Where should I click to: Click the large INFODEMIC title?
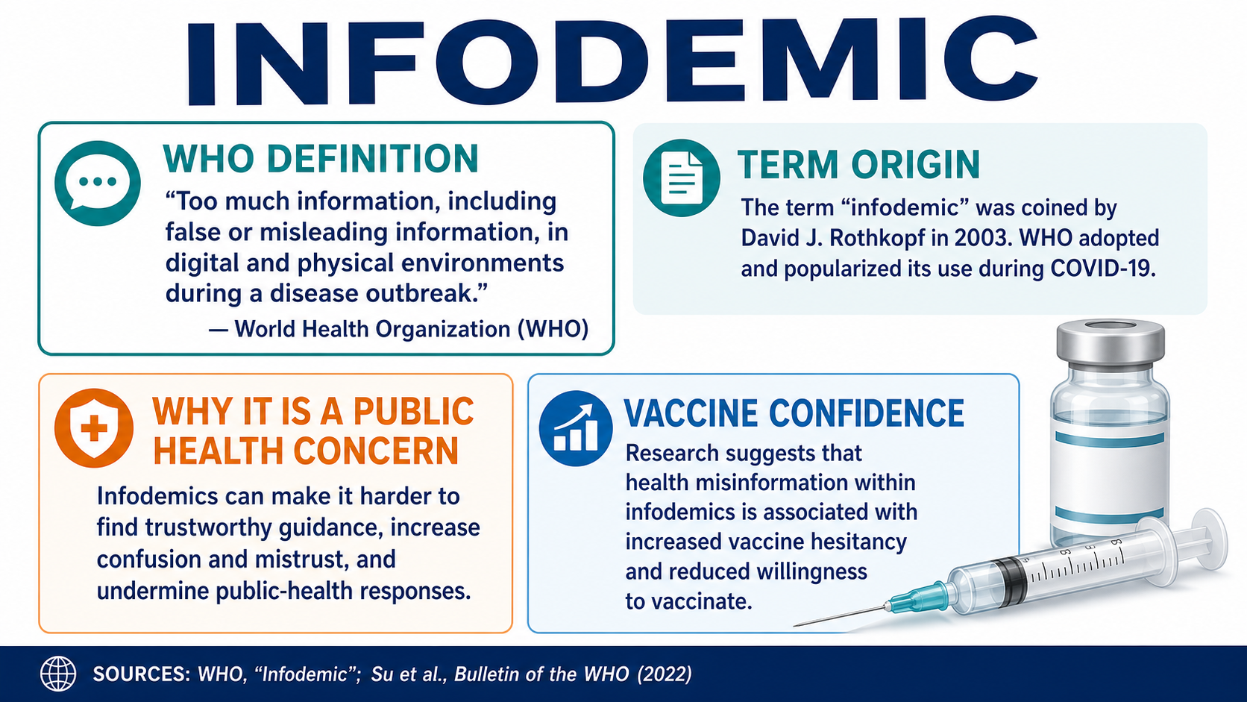pos(612,61)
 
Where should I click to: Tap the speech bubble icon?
pos(98,184)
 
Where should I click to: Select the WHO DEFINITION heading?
pos(321,159)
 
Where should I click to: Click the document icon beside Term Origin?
pos(682,178)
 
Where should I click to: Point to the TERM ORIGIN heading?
pos(858,165)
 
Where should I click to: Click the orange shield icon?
pos(93,427)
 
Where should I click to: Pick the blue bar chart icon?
pos(576,428)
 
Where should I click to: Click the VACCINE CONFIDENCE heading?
pos(794,413)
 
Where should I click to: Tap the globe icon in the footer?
pos(58,674)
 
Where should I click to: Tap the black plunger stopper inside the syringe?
pos(1011,583)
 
